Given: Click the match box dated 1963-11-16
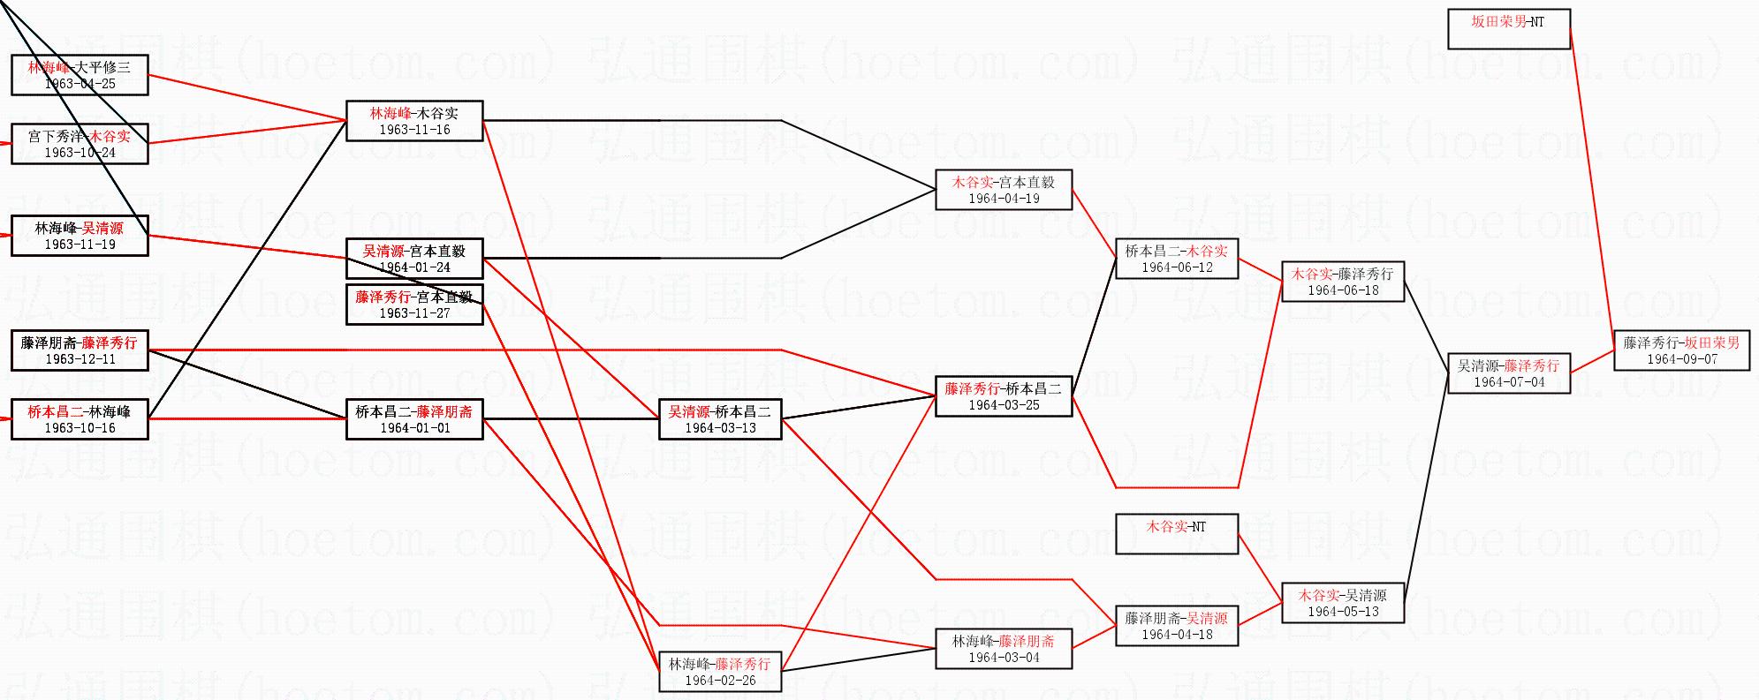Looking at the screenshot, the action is pyautogui.click(x=414, y=121).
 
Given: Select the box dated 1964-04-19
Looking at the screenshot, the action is pyautogui.click(x=1004, y=190).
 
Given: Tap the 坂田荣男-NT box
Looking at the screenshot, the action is pyautogui.click(x=1508, y=28).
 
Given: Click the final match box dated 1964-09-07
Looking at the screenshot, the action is pyautogui.click(x=1681, y=350).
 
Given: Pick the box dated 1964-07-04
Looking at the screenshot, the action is pyautogui.click(x=1509, y=373).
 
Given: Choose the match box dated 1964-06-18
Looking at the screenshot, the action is pyautogui.click(x=1343, y=282).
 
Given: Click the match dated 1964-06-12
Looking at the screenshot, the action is pyautogui.click(x=1177, y=259).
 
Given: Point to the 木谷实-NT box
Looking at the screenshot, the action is pyautogui.click(x=1177, y=534).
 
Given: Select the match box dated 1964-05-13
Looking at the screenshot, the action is pyautogui.click(x=1343, y=603).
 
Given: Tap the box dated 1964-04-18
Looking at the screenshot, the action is pyautogui.click(x=1177, y=626).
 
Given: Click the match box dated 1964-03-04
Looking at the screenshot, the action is pyautogui.click(x=1004, y=649).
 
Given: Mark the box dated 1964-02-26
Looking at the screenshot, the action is pyautogui.click(x=720, y=672).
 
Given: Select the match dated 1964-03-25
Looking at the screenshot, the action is pyautogui.click(x=1004, y=396).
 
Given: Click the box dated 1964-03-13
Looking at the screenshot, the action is pyautogui.click(x=720, y=419).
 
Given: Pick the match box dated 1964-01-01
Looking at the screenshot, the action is pyautogui.click(x=414, y=419).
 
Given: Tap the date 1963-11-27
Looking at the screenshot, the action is pyautogui.click(x=414, y=313).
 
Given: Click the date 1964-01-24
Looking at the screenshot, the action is pyautogui.click(x=414, y=267).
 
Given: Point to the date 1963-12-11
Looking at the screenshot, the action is pyautogui.click(x=80, y=359).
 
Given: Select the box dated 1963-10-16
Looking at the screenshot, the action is pyautogui.click(x=80, y=419).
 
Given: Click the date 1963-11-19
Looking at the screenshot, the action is pyautogui.click(x=80, y=245).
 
